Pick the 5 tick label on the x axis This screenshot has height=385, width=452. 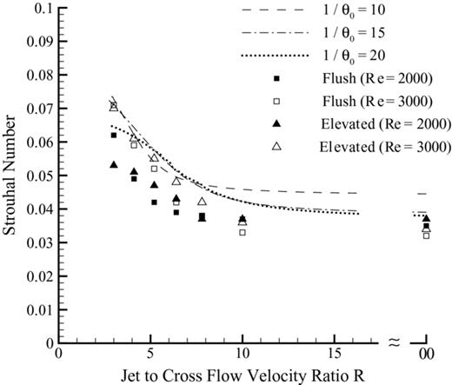click(150, 354)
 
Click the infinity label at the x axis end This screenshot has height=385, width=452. click(425, 355)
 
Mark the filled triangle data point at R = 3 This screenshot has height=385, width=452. click(114, 164)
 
